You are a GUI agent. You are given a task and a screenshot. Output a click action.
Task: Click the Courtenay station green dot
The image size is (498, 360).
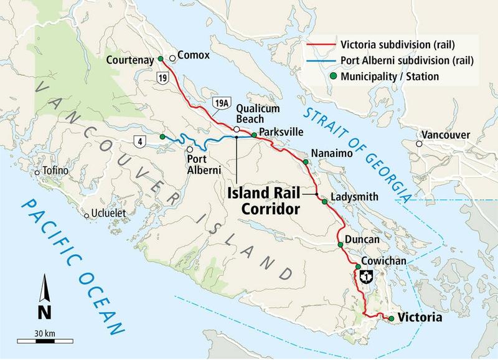click(161, 59)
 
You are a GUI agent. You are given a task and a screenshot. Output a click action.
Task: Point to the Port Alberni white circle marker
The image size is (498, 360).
click(189, 149)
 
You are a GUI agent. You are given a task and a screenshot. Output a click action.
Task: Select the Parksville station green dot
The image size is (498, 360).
click(254, 135)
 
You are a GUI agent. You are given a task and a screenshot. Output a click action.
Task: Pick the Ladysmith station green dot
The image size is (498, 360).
click(324, 201)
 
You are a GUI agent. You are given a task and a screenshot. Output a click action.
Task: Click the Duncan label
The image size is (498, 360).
click(357, 239)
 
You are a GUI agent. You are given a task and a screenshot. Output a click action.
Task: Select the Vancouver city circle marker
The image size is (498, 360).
click(420, 144)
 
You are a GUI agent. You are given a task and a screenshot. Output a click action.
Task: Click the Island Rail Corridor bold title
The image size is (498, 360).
click(269, 200)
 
